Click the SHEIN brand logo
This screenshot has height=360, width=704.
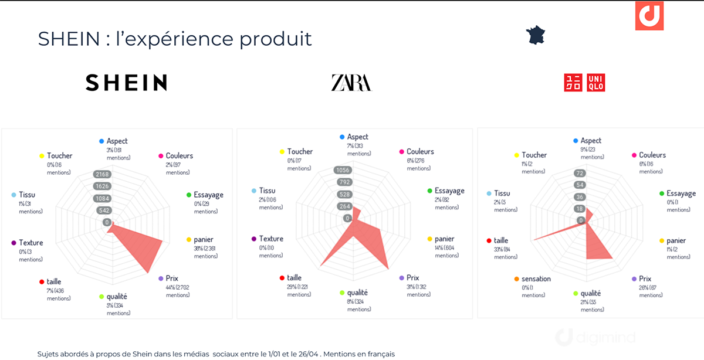(126, 83)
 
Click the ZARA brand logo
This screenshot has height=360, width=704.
(351, 83)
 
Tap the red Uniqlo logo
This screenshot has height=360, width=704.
(584, 83)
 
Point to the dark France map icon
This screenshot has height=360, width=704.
(536, 35)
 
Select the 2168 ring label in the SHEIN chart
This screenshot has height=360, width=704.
(107, 175)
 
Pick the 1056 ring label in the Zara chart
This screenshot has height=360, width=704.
(342, 171)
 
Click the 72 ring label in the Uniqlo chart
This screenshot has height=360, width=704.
(581, 174)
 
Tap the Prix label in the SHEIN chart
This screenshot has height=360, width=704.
(172, 279)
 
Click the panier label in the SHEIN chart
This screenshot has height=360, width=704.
(203, 239)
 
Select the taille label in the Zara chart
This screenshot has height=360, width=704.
(295, 278)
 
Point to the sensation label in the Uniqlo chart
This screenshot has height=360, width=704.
(536, 279)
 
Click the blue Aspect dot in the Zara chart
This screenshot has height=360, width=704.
(342, 137)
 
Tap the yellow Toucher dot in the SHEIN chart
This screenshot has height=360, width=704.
(42, 156)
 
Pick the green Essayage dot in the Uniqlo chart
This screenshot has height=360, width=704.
(661, 193)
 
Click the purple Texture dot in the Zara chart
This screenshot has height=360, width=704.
(253, 239)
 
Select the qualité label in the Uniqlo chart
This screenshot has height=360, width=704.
(590, 293)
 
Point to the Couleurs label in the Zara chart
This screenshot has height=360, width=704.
(420, 152)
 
